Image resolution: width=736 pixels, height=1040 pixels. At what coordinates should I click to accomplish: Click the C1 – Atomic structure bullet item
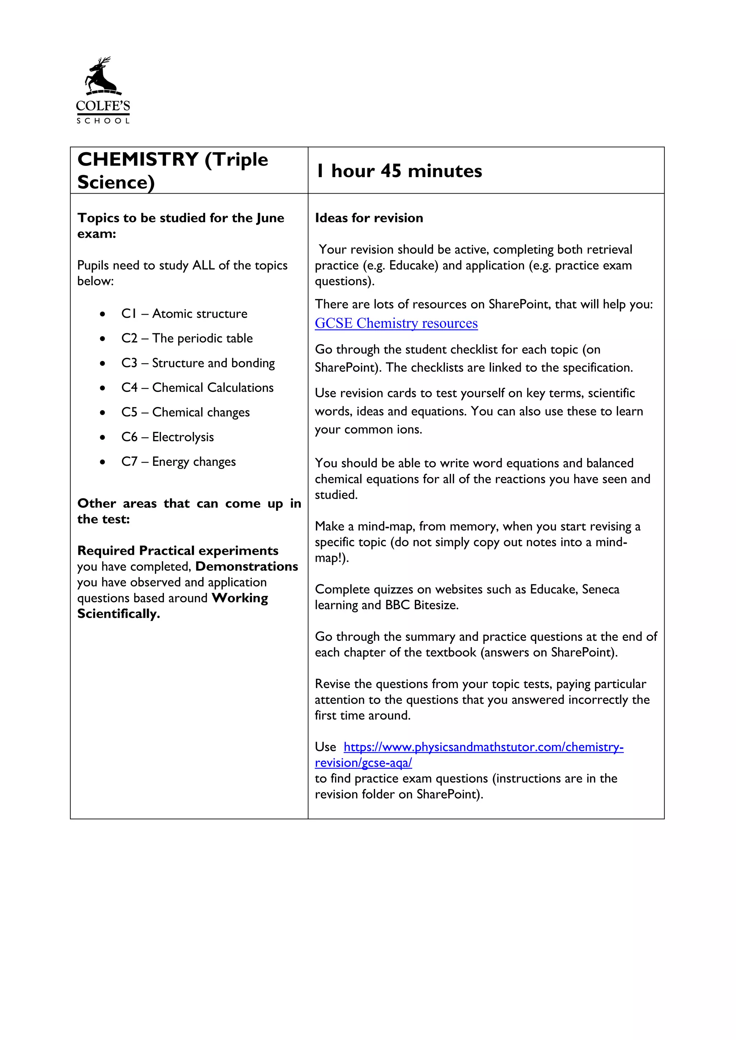tap(184, 314)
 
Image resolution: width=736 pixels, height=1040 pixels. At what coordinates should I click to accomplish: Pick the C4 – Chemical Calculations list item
tap(197, 387)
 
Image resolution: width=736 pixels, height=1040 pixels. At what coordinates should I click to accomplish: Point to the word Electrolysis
tap(183, 437)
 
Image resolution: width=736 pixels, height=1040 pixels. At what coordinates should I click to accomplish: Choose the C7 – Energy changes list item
tap(178, 461)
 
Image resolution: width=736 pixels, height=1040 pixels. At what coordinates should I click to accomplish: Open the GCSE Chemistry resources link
tap(396, 323)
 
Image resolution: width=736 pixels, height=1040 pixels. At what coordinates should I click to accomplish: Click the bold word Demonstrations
tap(247, 566)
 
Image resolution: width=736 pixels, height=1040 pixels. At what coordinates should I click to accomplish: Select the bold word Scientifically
tap(118, 614)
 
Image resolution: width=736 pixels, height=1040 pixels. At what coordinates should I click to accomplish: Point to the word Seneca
tap(600, 589)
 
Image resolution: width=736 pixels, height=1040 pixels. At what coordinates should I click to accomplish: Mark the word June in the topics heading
tap(270, 218)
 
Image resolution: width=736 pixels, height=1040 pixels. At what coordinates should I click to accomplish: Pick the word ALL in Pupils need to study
tap(203, 265)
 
